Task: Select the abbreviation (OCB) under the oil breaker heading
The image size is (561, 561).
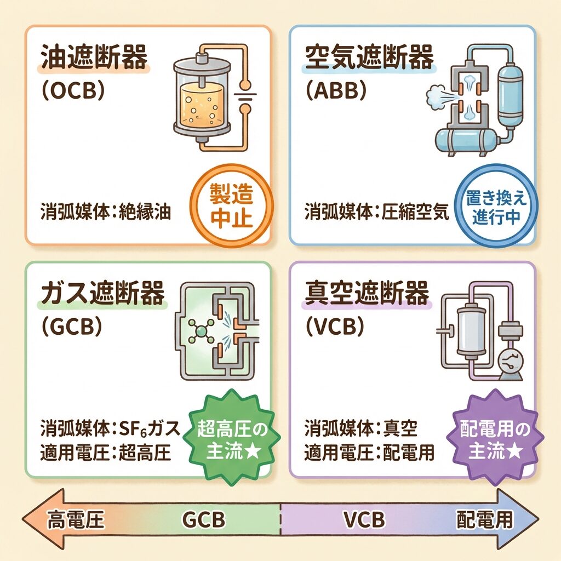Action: [73, 91]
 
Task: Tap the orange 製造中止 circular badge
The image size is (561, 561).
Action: [231, 205]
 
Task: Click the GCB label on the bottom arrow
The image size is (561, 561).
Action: [203, 519]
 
